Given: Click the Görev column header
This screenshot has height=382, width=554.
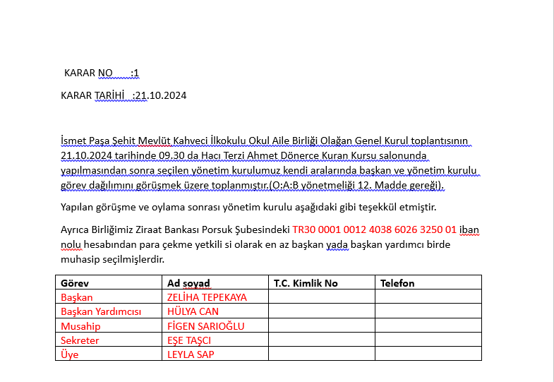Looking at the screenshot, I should click(x=75, y=283).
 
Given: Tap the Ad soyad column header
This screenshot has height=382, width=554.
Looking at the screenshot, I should click(x=188, y=283).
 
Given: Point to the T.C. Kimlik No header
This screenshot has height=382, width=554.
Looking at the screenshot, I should click(x=306, y=283).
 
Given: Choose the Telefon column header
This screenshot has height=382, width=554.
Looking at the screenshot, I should click(x=397, y=283).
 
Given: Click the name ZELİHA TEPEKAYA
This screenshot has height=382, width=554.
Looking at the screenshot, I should click(x=207, y=297).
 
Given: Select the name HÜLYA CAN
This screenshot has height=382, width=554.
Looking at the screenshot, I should click(x=193, y=311).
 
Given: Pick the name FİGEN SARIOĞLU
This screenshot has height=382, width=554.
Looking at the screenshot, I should click(x=205, y=326).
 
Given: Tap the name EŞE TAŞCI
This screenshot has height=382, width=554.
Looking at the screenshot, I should click(x=189, y=340).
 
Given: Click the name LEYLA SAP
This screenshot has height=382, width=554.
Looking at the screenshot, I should click(x=191, y=354).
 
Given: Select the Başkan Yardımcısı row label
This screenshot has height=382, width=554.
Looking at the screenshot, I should click(x=101, y=311).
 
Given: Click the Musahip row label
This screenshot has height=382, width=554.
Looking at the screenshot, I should click(x=80, y=326).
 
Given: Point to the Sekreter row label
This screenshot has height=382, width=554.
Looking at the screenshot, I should click(x=80, y=340).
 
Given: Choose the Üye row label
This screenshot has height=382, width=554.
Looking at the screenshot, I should click(x=70, y=354).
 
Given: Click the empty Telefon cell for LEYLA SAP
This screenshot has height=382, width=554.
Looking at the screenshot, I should click(x=428, y=354).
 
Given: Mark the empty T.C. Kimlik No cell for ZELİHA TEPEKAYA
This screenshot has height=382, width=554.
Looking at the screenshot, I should click(x=321, y=297).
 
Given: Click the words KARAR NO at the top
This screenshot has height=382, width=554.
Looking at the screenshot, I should click(x=88, y=73).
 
